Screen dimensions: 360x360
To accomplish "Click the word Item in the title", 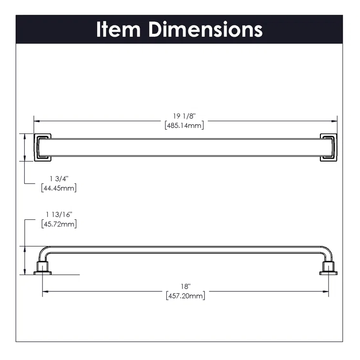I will (119, 29).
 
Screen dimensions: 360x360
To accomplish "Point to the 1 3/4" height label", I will (59, 178).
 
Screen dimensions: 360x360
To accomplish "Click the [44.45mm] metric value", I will (59, 188).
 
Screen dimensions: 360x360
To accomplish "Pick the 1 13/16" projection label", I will (59, 214).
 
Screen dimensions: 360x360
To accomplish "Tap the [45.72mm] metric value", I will (59, 224).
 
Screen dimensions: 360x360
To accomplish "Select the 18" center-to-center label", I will (185, 287).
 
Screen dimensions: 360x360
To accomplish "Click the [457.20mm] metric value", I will (185, 296).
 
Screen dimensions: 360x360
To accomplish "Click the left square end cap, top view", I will (42, 147).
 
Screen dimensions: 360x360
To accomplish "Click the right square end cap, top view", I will (329, 147).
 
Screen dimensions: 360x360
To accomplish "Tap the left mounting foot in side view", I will (43, 268).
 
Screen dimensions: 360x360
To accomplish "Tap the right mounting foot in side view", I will (328, 268).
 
